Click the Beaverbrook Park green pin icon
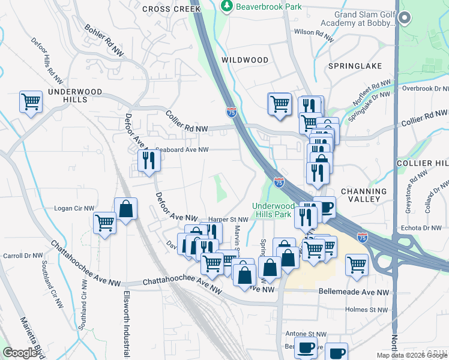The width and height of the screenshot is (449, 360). [x=227, y=7]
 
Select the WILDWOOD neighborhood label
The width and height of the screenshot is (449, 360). [x=245, y=60]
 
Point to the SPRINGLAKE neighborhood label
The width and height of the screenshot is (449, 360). [x=354, y=65]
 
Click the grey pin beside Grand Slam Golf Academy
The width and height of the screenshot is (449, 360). [x=405, y=19]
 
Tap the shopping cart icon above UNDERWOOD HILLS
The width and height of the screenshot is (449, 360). [x=31, y=101]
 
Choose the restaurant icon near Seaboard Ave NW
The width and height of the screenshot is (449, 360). [x=148, y=160]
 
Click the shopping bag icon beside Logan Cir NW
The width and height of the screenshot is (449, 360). [x=126, y=209]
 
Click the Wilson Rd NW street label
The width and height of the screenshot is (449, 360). [x=313, y=36]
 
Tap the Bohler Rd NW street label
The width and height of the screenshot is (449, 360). [x=104, y=41]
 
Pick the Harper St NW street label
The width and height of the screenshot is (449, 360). [x=228, y=220]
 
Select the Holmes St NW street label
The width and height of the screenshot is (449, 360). [x=367, y=310]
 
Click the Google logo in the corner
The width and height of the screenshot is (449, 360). [x=20, y=353]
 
